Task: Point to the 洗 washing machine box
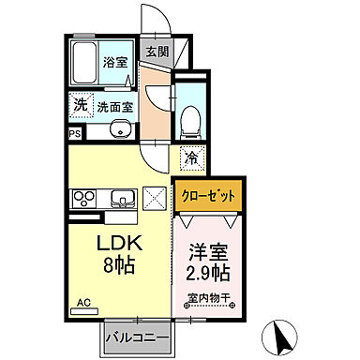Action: click(x=81, y=105)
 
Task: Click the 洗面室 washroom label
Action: click(x=115, y=107)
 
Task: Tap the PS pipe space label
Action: click(x=74, y=133)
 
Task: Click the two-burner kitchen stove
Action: click(x=84, y=199)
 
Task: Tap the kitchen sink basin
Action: click(x=121, y=199)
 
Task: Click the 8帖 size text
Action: click(x=121, y=266)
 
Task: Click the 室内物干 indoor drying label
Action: click(x=209, y=301)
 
